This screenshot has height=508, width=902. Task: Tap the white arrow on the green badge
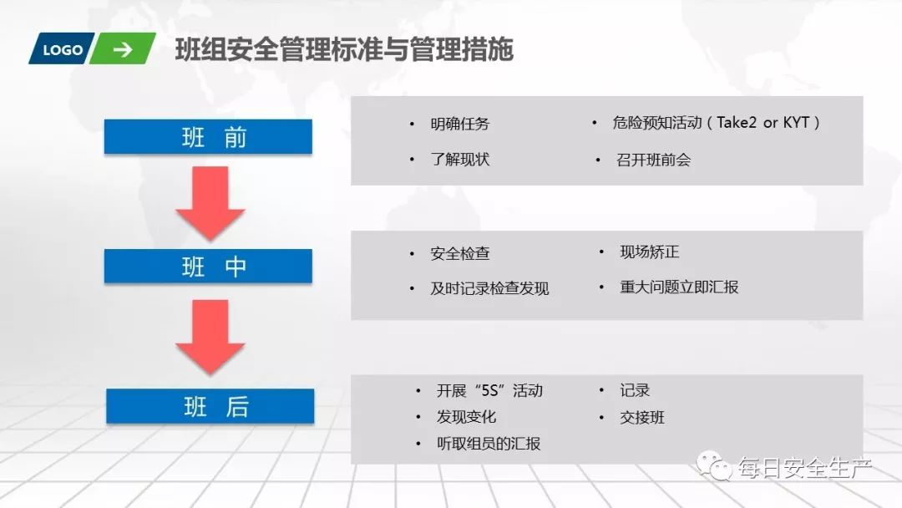pos(123,50)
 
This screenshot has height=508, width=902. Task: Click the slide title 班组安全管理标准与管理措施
pos(344,50)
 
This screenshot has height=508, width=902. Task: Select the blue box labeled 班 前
pos(208,137)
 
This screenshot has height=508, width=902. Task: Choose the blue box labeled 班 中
pos(208,267)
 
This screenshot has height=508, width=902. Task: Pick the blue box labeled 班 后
pos(210,406)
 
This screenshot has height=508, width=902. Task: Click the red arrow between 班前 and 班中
pos(210,202)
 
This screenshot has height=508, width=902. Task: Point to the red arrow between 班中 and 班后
pos(210,335)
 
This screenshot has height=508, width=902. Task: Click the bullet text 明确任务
pos(460,124)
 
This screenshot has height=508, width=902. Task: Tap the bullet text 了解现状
pos(460,160)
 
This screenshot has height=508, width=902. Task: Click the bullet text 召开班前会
pos(654,160)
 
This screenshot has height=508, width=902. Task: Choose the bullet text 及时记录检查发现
pos(489,289)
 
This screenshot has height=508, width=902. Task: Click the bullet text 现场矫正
pos(650,252)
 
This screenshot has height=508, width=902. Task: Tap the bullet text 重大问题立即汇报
pos(679,287)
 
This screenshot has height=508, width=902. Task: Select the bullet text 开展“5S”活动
pos(489,391)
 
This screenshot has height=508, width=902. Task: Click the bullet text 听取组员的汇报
pos(489,444)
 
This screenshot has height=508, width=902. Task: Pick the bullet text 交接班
pos(642,417)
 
